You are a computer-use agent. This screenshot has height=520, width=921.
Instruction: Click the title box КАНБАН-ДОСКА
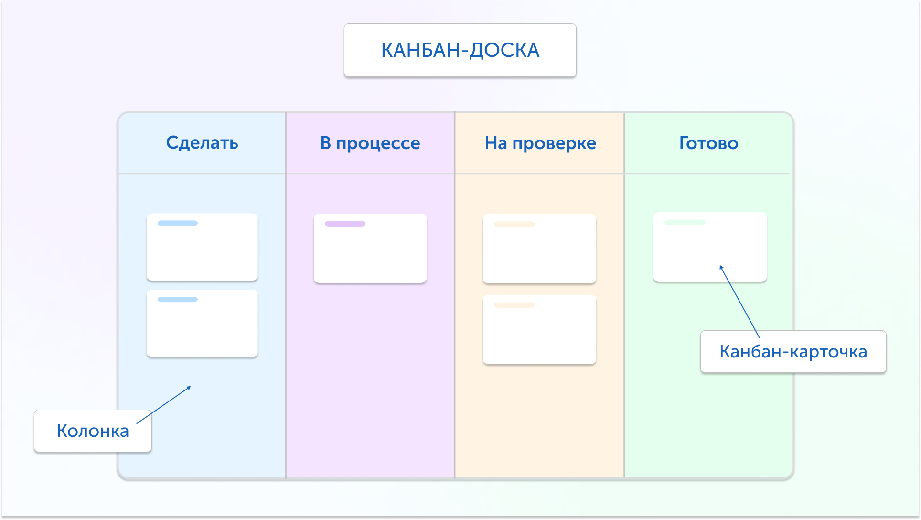click(460, 50)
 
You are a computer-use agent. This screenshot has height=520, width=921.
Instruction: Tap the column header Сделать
click(202, 143)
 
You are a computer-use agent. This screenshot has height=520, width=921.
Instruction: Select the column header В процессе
click(370, 143)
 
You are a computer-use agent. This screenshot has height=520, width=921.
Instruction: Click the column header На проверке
click(540, 143)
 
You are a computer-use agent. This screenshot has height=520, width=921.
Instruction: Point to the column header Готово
click(709, 143)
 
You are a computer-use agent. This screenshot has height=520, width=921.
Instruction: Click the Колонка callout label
click(93, 431)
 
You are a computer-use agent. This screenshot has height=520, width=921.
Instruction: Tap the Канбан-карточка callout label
click(793, 351)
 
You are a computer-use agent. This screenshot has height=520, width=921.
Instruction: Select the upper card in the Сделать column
click(202, 247)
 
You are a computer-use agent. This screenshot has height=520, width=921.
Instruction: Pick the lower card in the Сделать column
click(202, 323)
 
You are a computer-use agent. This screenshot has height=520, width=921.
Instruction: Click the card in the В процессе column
click(370, 248)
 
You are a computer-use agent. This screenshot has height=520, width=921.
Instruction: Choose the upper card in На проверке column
click(539, 249)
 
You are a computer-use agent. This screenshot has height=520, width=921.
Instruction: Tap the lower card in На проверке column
click(539, 330)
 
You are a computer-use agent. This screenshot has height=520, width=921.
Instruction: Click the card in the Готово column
click(710, 247)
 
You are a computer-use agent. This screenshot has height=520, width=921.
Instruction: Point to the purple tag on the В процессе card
click(345, 224)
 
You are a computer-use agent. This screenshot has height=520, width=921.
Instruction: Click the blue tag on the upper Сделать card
click(178, 223)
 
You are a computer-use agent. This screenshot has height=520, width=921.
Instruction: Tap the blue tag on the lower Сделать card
click(178, 300)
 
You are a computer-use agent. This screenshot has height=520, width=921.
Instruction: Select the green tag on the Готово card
click(685, 222)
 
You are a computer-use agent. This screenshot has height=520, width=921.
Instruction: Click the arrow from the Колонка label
click(164, 405)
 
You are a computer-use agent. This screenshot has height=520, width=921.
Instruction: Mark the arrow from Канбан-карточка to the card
click(739, 302)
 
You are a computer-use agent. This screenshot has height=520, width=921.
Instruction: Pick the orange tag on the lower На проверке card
click(514, 305)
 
